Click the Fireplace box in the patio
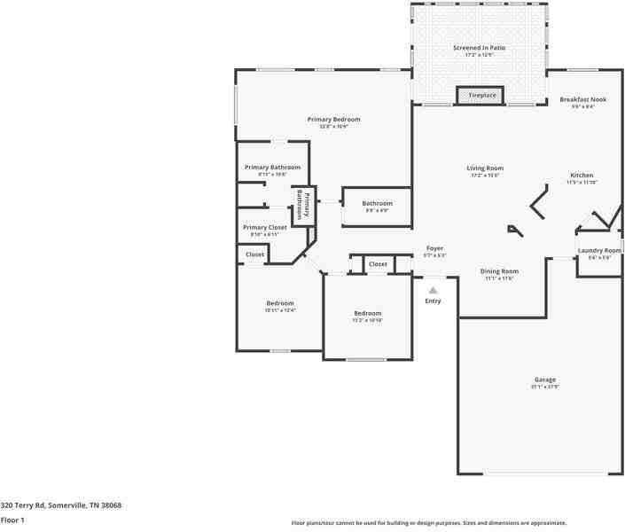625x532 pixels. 481,95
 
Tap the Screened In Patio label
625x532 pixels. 480,48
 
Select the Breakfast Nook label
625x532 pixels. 582,99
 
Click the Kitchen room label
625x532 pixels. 582,176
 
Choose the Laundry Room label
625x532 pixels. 600,251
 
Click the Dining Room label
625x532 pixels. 499,271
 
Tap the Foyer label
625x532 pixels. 434,248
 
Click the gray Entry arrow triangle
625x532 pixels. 434,289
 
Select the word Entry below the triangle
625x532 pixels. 433,301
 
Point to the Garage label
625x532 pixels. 544,379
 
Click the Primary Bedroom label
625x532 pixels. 333,120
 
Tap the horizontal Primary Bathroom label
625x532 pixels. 272,168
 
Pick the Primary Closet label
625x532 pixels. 265,228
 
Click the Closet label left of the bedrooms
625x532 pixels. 254,254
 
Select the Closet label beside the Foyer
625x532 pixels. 378,264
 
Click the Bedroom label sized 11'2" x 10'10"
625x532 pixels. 367,314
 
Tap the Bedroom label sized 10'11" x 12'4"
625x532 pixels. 279,304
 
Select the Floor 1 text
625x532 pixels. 12,520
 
